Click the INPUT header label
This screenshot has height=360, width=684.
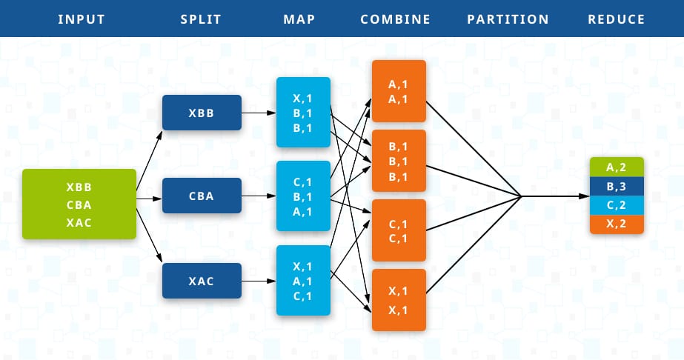pos(81,19)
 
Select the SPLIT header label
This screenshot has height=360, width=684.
pos(201,19)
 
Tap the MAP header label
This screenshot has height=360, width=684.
pos(299,19)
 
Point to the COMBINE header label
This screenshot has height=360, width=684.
pos(395,19)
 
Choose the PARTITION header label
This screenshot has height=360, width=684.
pos(508,19)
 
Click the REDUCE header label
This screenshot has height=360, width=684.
pos(616,19)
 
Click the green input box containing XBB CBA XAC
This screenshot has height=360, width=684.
pos(79,204)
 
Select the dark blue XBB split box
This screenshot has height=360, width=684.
pos(202,113)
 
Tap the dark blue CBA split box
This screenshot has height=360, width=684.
pos(202,196)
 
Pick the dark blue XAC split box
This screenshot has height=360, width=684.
pos(202,281)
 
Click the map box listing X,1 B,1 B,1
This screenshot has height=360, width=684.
pos(303,113)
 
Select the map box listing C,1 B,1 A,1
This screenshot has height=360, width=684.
pos(303,196)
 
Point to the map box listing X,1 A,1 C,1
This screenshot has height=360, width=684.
pos(303,281)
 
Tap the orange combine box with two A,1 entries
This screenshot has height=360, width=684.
pos(399,91)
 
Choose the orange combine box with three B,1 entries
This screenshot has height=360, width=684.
pos(399,161)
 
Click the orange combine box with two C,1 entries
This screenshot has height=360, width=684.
pos(399,230)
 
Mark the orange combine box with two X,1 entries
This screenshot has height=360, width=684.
pos(399,300)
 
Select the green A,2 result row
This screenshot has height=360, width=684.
pos(617,167)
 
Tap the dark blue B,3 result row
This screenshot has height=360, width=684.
pos(617,187)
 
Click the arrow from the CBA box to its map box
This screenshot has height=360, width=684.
pos(259,196)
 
